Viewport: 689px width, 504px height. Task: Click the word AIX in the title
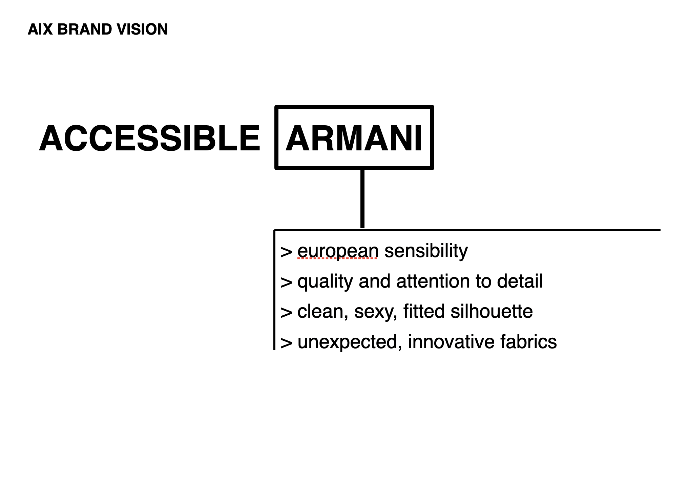(x=40, y=29)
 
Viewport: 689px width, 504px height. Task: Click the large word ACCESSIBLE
(x=150, y=138)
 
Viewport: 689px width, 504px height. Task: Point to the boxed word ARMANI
(x=354, y=138)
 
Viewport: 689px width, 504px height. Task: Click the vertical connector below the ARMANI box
(x=362, y=198)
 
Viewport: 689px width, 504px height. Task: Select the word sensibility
(x=426, y=251)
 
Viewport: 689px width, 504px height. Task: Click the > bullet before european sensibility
(x=287, y=252)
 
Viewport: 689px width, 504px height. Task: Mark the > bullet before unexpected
(x=287, y=343)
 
